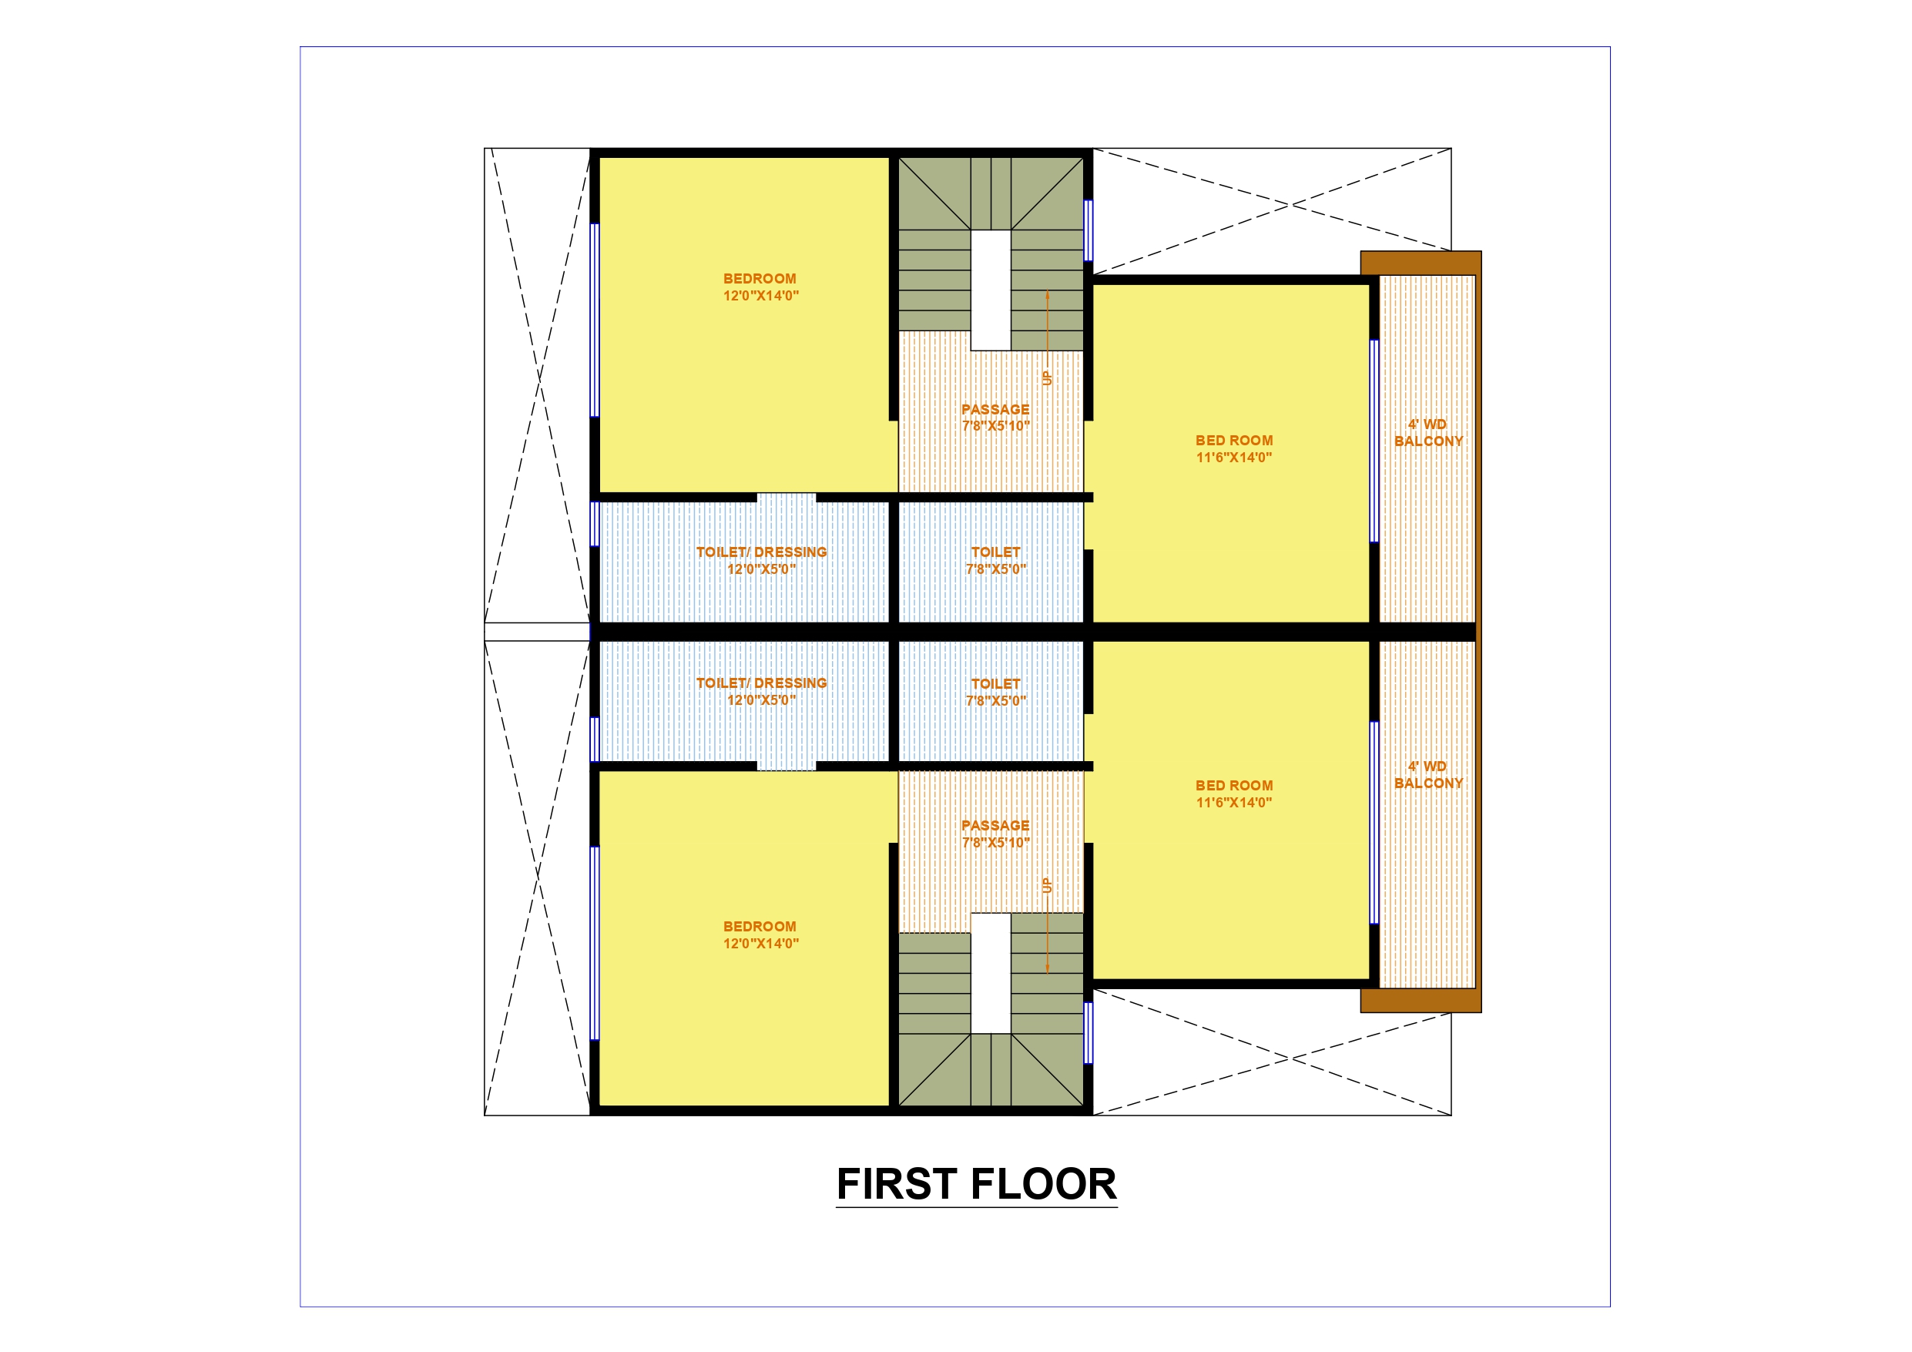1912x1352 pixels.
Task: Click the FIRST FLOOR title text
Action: [976, 1184]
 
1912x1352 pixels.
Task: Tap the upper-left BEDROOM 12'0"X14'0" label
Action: [760, 287]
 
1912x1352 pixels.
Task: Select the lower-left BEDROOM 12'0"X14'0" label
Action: [760, 934]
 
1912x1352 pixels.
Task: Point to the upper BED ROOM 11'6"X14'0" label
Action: [1234, 448]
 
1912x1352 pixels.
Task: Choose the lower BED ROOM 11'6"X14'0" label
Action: [1234, 794]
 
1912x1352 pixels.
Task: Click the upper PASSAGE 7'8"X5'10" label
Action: [996, 418]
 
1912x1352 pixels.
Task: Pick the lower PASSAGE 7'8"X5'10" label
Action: [996, 834]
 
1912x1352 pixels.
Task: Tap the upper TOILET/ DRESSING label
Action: [761, 552]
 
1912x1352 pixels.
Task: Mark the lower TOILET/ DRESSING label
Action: [761, 683]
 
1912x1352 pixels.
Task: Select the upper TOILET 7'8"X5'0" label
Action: [996, 561]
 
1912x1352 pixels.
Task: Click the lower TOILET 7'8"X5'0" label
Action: [996, 693]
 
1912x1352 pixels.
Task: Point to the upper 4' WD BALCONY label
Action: [1428, 432]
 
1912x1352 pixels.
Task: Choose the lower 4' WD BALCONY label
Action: [1428, 775]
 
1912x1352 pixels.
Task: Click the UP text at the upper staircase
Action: [1048, 377]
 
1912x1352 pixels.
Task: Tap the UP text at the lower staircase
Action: [1048, 885]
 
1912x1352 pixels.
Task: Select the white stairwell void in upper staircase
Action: [991, 290]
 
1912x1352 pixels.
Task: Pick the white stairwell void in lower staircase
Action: [991, 973]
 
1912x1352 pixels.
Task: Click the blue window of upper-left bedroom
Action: [595, 320]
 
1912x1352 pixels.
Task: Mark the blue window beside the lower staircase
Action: [1088, 1033]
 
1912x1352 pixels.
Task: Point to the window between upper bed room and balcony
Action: [1374, 441]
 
